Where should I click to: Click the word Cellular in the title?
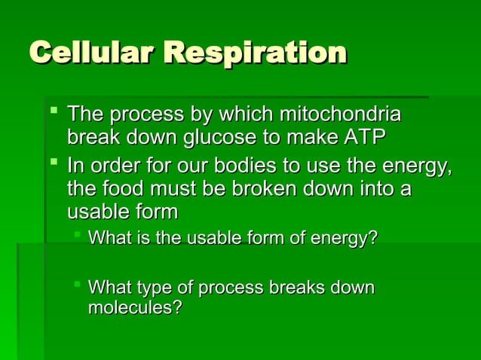click(x=92, y=53)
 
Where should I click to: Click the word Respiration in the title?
click(x=254, y=53)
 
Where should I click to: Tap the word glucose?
click(x=215, y=139)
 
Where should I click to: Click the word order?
click(x=116, y=164)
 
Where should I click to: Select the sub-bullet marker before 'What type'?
click(x=76, y=285)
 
